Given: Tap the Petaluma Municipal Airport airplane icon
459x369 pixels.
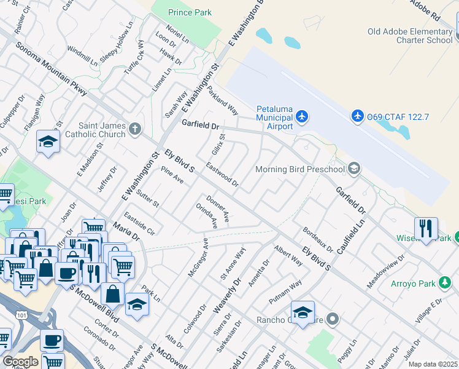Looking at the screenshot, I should pyautogui.click(x=301, y=116).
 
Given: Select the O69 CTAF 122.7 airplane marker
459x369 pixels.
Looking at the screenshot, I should pyautogui.click(x=358, y=116).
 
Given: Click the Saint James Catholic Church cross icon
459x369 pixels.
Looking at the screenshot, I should pyautogui.click(x=135, y=129).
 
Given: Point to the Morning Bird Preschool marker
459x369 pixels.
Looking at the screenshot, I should pyautogui.click(x=353, y=169).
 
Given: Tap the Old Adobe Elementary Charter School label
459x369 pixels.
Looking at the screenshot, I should pyautogui.click(x=409, y=36).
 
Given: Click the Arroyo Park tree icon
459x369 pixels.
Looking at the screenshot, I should pyautogui.click(x=445, y=283).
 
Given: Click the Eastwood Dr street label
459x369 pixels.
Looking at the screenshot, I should pyautogui.click(x=222, y=174).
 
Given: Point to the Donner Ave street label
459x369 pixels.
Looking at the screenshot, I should pyautogui.click(x=217, y=209).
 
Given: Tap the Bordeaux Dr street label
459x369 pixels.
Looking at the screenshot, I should pyautogui.click(x=317, y=240).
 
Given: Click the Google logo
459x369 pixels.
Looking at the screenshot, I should pyautogui.click(x=20, y=362).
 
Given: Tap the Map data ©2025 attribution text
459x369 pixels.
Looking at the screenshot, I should pyautogui.click(x=433, y=364).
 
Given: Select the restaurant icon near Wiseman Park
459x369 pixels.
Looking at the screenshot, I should pyautogui.click(x=425, y=228).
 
